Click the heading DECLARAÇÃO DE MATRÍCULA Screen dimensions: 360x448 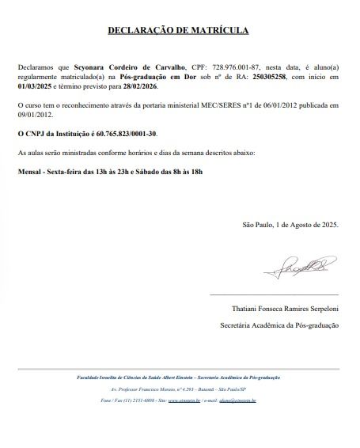click(x=178, y=31)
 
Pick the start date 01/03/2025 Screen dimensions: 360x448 click(x=35, y=89)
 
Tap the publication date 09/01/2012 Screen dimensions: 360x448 click(x=36, y=114)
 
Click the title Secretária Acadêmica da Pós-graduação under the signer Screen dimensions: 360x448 click(x=279, y=325)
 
